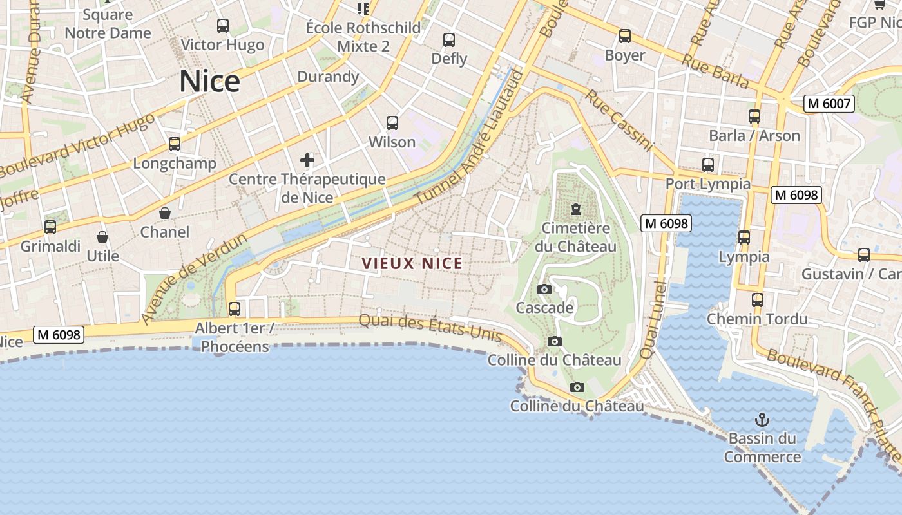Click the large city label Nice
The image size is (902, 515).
tap(209, 82)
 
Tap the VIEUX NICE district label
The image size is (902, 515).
tap(412, 263)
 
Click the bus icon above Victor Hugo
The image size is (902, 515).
tap(223, 26)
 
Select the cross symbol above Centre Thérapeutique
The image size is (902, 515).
tap(307, 160)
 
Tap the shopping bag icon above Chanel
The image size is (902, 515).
tap(165, 213)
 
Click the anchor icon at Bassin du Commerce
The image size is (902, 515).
tap(762, 420)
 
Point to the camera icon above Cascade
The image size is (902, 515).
tap(544, 289)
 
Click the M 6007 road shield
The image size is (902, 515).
tap(829, 103)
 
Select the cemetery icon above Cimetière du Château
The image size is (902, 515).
tap(575, 209)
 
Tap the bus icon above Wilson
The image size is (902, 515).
tap(392, 122)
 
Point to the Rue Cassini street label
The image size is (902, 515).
tap(619, 120)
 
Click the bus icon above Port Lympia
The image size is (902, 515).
tap(708, 165)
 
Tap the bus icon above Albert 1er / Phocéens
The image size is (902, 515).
tap(235, 309)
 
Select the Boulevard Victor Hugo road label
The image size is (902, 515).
tap(77, 146)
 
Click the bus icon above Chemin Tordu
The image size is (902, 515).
tap(758, 300)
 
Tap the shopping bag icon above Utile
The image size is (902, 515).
tap(102, 238)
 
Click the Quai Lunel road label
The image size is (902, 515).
tap(653, 320)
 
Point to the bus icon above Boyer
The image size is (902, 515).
tap(624, 36)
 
